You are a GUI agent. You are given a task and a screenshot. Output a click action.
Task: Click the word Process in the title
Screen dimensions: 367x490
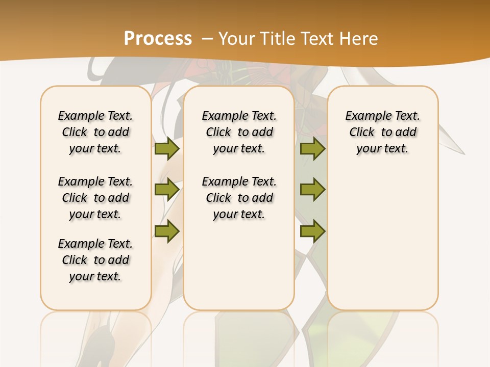[x=158, y=39]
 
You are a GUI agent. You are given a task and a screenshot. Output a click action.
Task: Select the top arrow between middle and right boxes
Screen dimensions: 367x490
[x=312, y=148]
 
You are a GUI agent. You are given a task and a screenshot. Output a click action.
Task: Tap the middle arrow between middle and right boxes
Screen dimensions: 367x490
[x=312, y=190]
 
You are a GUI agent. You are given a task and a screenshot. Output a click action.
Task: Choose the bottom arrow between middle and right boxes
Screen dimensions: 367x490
[x=312, y=231]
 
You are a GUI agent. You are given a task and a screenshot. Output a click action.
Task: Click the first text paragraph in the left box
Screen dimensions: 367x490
[x=95, y=132]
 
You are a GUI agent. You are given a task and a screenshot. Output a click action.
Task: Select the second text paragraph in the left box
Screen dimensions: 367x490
[x=95, y=198]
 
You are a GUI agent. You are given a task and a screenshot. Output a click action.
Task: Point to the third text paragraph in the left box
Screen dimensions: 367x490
[x=95, y=260]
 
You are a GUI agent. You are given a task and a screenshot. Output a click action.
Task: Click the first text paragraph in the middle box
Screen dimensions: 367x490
[x=239, y=132]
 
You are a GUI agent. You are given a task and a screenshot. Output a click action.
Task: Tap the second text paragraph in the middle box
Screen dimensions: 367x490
[x=239, y=198]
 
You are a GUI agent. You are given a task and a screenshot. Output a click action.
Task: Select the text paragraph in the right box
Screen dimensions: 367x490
[x=382, y=132]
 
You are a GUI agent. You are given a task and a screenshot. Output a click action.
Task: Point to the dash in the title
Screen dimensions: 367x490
[x=207, y=39]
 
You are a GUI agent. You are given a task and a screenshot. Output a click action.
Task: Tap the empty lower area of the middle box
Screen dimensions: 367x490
[x=239, y=265]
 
